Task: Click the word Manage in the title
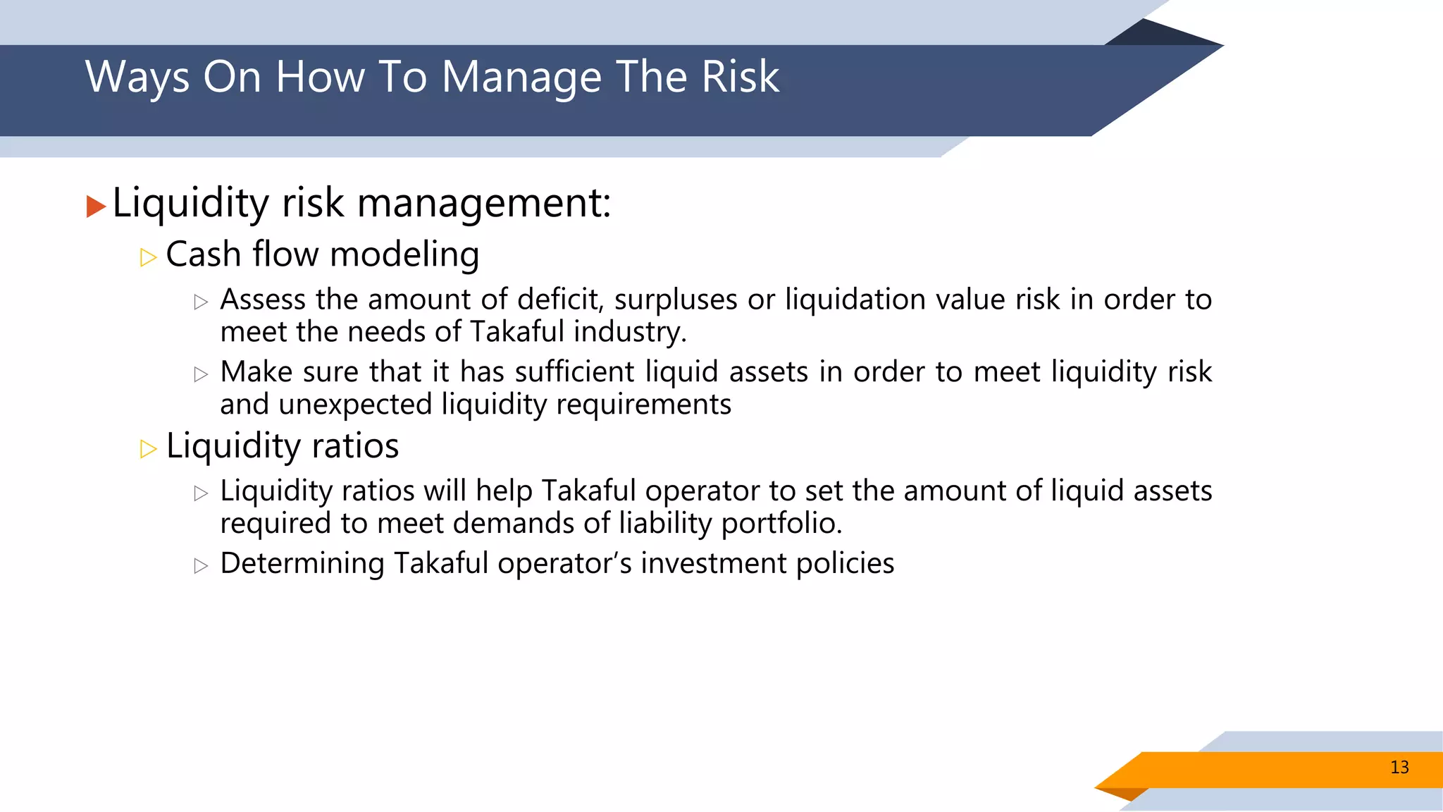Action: coord(521,78)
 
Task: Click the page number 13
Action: coord(1399,768)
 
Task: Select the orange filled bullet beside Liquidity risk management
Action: coord(96,207)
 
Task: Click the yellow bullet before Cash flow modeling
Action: coord(148,257)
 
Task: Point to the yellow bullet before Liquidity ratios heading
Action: coord(148,449)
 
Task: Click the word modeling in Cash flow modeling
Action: coord(404,255)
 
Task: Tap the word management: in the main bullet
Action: coord(484,204)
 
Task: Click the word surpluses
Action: coord(675,300)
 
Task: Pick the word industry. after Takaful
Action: coord(630,332)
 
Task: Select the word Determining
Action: coord(302,564)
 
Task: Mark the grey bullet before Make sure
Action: coord(201,374)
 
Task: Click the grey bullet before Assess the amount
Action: coord(201,302)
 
